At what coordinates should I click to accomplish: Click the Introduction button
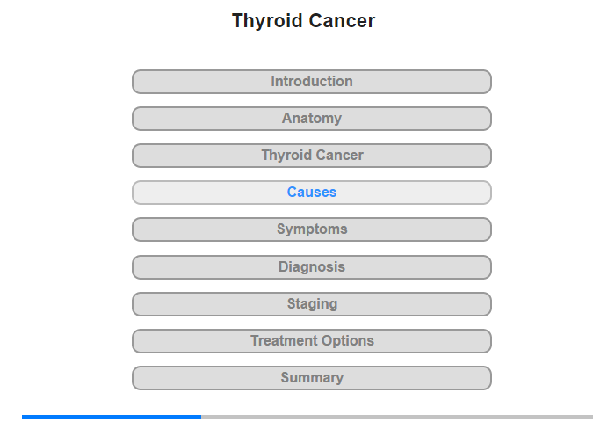[x=311, y=82]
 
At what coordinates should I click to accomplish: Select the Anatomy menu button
[x=311, y=119]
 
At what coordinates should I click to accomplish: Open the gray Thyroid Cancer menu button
[x=311, y=156]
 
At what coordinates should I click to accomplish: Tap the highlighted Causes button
[x=311, y=193]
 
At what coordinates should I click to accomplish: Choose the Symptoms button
[x=311, y=229]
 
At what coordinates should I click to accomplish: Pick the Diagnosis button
[x=311, y=267]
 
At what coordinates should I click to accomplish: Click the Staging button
[x=311, y=304]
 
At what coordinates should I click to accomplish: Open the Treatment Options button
[x=311, y=341]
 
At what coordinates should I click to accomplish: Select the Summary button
[x=311, y=378]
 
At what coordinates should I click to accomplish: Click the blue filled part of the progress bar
[x=112, y=417]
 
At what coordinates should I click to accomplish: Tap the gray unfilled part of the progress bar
[x=397, y=417]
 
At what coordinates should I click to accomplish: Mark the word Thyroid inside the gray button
[x=286, y=156]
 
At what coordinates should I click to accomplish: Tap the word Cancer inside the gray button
[x=340, y=155]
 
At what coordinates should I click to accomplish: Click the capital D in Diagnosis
[x=283, y=267]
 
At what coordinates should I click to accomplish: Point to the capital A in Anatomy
[x=287, y=118]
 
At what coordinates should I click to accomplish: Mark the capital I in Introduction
[x=273, y=81]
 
